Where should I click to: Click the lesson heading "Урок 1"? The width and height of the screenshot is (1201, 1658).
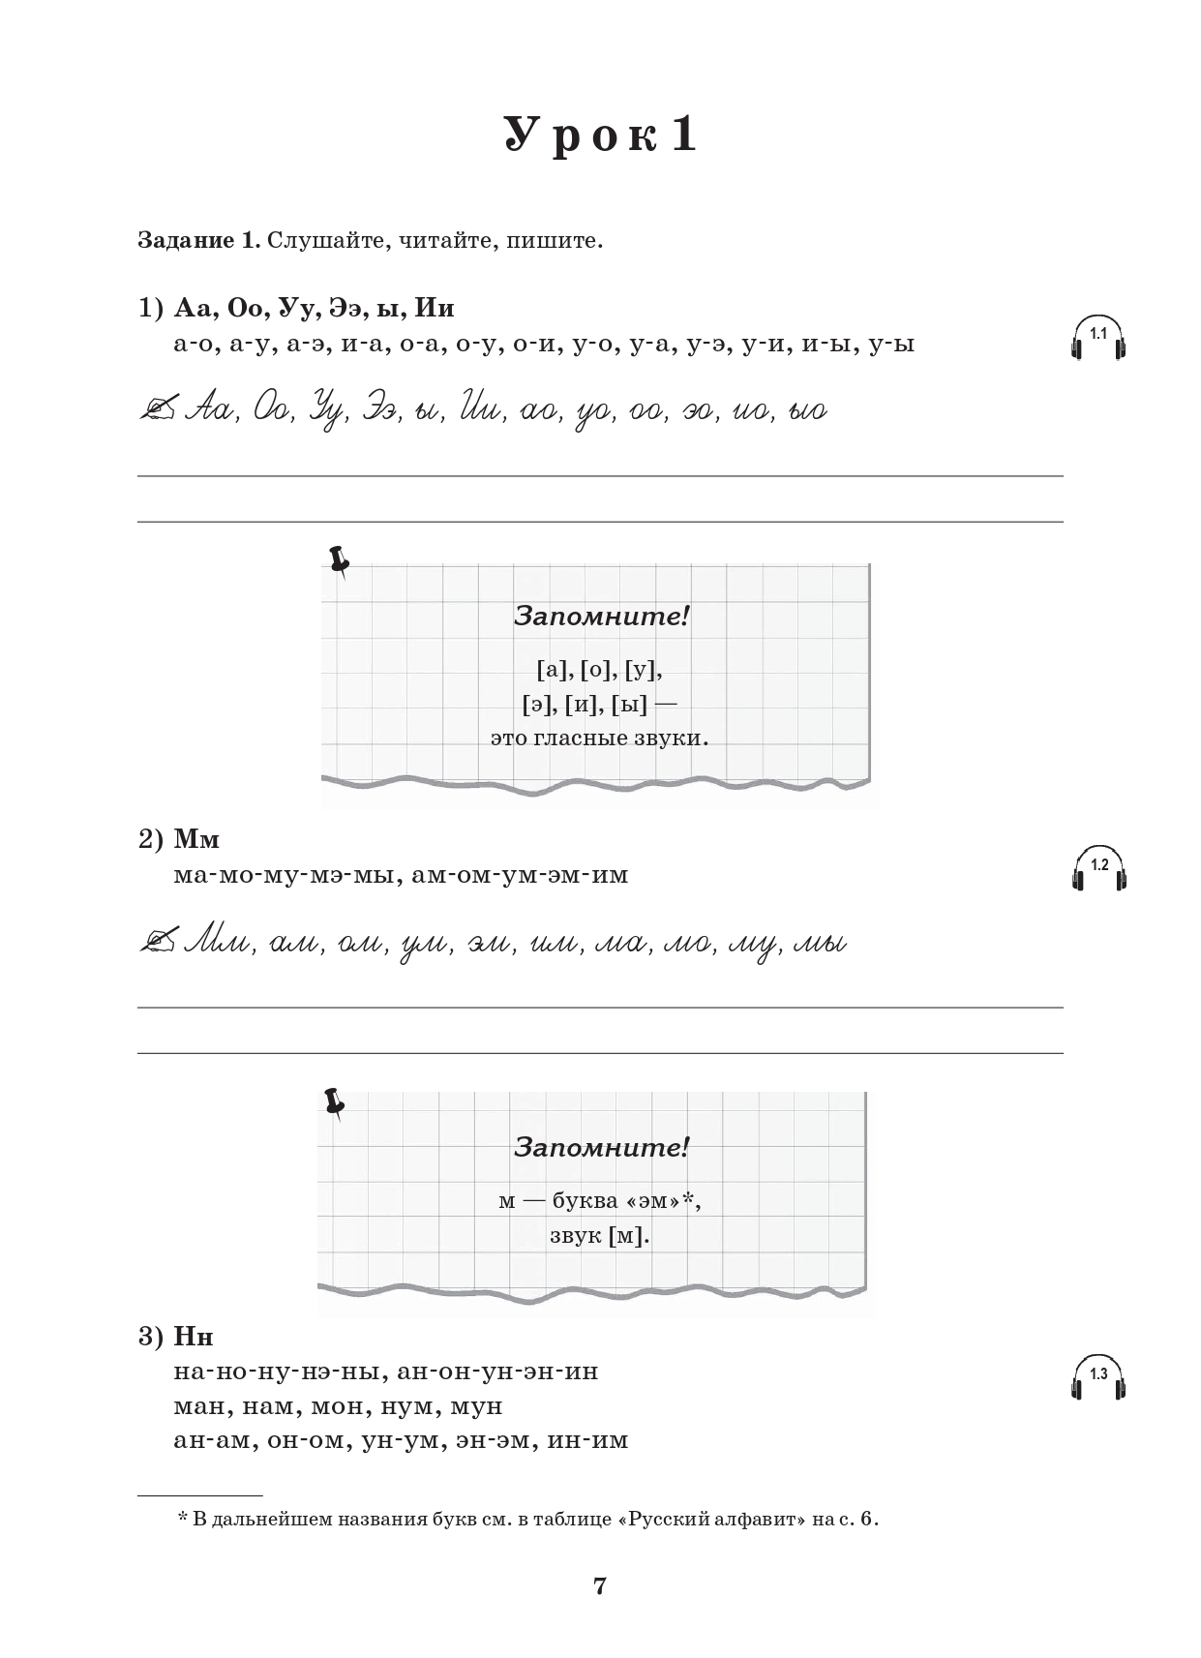click(600, 135)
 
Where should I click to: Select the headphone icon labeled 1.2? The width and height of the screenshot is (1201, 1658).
click(1098, 870)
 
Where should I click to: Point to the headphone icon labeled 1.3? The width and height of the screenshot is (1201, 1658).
click(1098, 1378)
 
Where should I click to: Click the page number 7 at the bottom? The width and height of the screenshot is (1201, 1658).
click(599, 1585)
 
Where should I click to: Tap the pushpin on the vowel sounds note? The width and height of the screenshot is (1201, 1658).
click(339, 560)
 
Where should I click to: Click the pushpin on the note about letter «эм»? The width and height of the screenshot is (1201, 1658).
click(335, 1102)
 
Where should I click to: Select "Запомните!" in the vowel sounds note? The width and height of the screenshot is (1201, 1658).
click(600, 617)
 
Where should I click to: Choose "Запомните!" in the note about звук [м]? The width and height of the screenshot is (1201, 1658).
click(600, 1148)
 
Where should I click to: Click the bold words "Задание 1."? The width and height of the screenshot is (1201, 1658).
click(198, 240)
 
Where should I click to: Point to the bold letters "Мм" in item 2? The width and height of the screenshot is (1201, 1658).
click(196, 839)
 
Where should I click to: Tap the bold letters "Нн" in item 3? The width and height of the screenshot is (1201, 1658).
click(194, 1337)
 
